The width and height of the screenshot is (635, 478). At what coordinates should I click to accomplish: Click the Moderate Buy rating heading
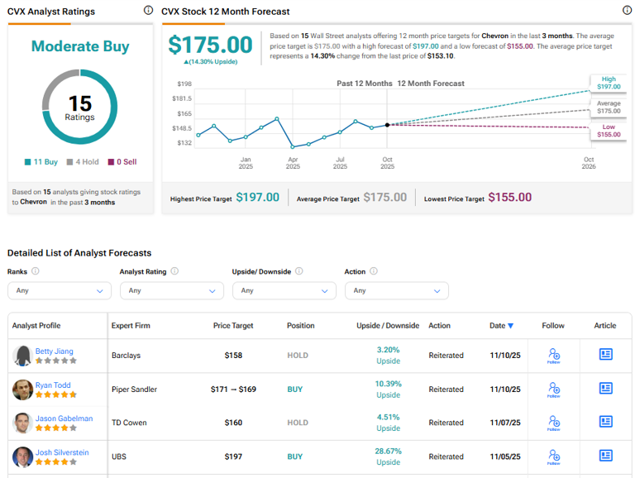coord(80,46)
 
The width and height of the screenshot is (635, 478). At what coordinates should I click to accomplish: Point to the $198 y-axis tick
coord(184,84)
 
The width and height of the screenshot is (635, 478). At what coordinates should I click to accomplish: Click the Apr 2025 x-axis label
coord(293,162)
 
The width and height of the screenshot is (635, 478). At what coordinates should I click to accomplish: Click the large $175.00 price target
coord(210,45)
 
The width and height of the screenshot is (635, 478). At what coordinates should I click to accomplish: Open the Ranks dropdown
coord(59,290)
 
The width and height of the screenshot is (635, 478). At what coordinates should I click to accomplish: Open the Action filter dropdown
coord(396,290)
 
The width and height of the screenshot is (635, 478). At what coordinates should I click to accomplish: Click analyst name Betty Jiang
coord(54,351)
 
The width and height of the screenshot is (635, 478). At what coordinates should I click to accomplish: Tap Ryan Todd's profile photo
coord(22,390)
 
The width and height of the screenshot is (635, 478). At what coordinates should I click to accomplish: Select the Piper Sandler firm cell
coord(136,389)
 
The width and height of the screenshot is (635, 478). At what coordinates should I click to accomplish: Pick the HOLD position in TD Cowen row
coord(298,423)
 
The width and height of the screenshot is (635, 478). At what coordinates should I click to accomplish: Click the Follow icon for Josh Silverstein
coord(553,456)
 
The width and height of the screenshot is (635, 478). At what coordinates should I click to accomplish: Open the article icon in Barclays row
coord(605,355)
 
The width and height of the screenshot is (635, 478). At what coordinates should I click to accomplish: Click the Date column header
coord(500,326)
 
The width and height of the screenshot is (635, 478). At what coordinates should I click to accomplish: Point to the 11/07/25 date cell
coord(504,423)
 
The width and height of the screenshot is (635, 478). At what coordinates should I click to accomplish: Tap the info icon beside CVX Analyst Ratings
coord(148,11)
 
